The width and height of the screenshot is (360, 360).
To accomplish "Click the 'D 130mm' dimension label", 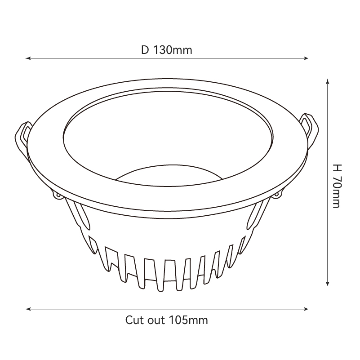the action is (x=166, y=50).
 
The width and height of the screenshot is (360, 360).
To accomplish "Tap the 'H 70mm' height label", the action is (x=337, y=186).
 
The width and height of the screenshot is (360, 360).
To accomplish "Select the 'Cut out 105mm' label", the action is (x=166, y=320).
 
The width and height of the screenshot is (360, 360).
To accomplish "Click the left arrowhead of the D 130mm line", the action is (x=28, y=58).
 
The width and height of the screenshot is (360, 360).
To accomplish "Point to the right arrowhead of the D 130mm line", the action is (x=306, y=58).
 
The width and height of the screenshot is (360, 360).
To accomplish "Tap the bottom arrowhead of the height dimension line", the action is (x=328, y=283).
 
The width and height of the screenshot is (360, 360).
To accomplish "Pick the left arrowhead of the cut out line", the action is (x=28, y=309).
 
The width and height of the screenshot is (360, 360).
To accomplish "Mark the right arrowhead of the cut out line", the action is (x=306, y=309).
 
